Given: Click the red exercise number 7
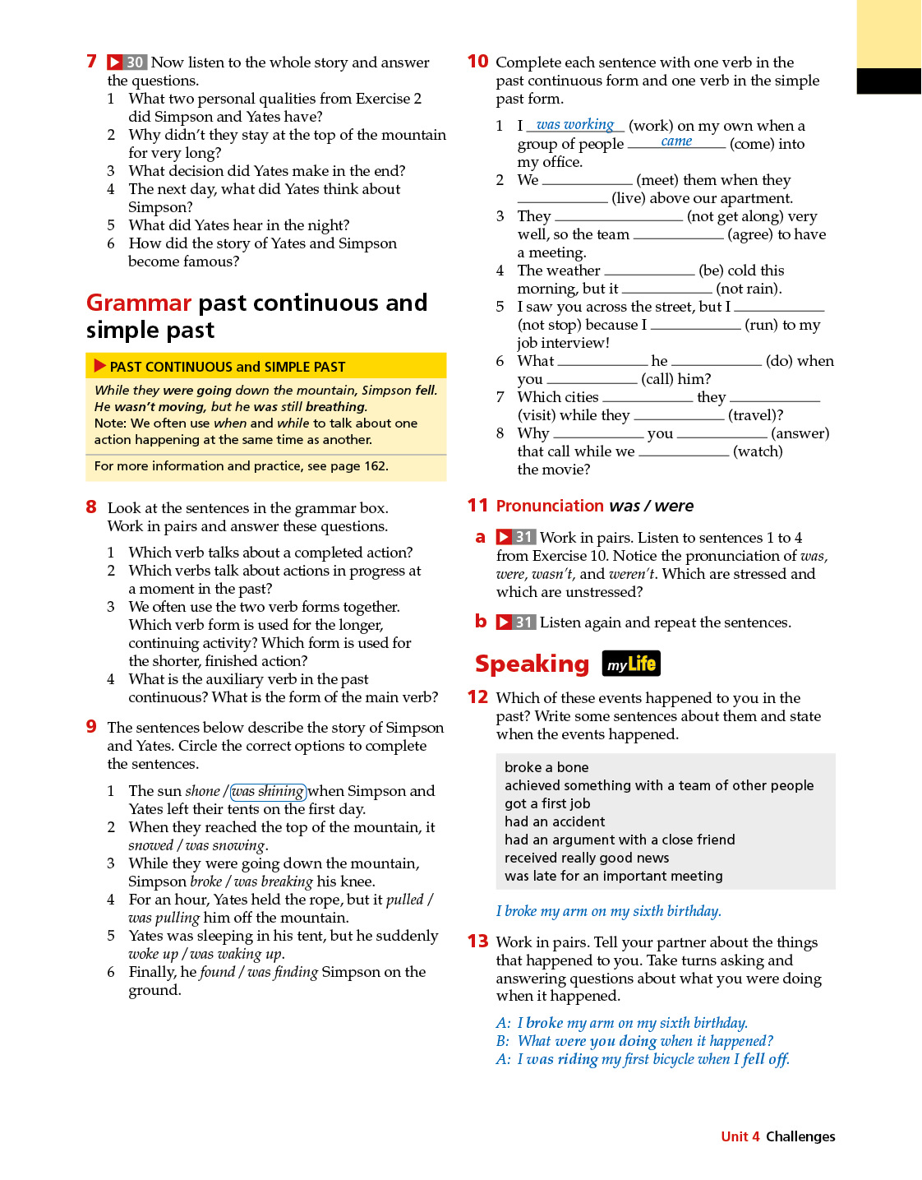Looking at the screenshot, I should coord(92,62).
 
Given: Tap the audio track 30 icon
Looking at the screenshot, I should coord(127,62).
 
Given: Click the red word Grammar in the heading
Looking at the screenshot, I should coord(139,303).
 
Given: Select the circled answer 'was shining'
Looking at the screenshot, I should coord(268,791).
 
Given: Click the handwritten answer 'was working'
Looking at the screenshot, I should coord(575,124).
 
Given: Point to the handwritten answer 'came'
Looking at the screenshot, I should coord(676,141).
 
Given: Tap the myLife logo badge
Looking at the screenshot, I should coord(631,664).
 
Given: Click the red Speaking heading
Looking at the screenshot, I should coord(532,664).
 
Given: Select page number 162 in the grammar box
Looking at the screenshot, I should coord(375,466).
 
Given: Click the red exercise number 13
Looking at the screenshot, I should coord(477,942).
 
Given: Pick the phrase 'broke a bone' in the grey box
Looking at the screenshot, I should coord(546,767).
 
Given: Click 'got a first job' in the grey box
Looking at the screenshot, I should coord(547,803).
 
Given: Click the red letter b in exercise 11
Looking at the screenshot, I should coord(481,622).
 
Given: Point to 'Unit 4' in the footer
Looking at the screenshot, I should coord(740,1136).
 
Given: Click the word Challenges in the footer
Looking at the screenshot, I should coord(800,1136).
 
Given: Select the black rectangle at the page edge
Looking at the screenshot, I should coord(888,81).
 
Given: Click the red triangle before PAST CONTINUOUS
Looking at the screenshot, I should coord(100,366).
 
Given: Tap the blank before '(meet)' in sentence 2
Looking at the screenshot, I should coord(587,181).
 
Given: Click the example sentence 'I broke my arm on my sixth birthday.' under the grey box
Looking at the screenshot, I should coord(608,911).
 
